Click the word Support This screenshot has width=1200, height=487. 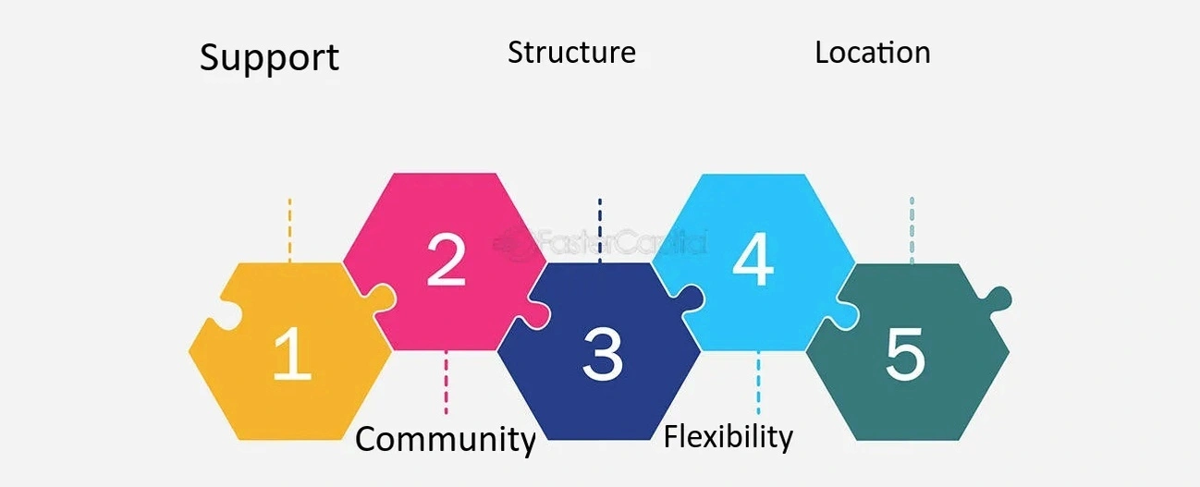[269, 58]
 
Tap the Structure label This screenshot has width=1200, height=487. [571, 53]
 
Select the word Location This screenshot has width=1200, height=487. [872, 53]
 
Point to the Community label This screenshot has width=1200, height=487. [446, 439]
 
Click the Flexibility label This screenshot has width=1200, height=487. [729, 436]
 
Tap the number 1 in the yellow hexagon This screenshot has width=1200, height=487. [291, 356]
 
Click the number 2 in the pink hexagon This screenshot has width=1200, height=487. [446, 260]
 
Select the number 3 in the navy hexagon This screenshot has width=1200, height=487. [602, 354]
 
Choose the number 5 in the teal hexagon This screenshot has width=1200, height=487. [905, 355]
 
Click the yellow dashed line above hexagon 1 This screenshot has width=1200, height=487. [289, 229]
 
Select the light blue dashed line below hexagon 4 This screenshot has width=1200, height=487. [758, 382]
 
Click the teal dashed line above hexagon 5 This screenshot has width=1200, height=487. [912, 229]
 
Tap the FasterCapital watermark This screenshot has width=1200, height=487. [601, 243]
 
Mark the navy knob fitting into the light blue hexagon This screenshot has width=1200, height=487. [689, 298]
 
